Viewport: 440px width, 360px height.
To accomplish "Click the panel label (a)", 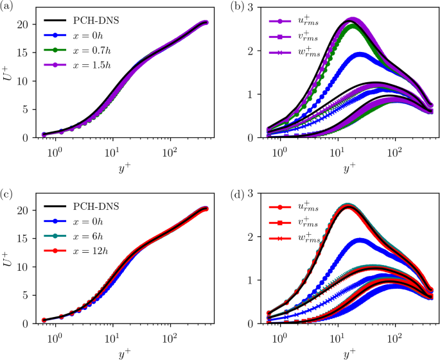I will coord(8,6).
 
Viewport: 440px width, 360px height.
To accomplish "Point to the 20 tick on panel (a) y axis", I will coord(28,24).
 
